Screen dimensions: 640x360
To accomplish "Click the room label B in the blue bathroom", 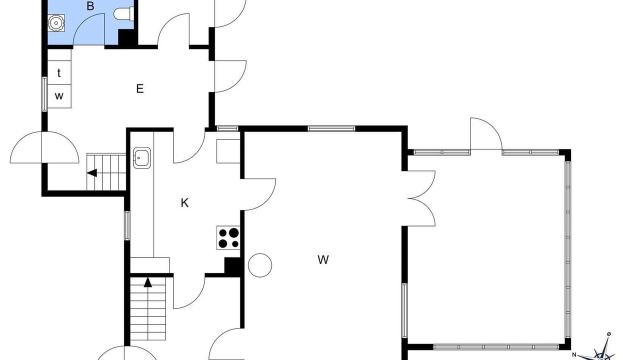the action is click(x=90, y=6).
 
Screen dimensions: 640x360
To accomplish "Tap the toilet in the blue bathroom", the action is click(x=123, y=13).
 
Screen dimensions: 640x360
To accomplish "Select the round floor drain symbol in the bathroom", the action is click(x=55, y=23).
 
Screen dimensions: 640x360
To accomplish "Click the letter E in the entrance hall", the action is click(x=139, y=89).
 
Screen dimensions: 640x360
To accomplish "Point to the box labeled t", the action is click(x=59, y=72).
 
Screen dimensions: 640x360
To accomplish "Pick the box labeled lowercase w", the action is click(x=59, y=96).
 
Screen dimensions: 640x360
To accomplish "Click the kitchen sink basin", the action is click(x=141, y=157).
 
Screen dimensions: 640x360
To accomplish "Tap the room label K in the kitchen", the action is click(x=184, y=203).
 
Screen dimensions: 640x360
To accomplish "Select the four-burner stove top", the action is click(x=228, y=237).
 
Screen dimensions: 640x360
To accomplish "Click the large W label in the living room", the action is click(x=323, y=259).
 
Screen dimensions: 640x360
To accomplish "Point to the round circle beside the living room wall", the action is click(x=259, y=265).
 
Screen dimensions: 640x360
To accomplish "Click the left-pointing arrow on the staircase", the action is click(x=92, y=173).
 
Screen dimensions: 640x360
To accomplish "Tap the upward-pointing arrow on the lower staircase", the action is click(x=147, y=282).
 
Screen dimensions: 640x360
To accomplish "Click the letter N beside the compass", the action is click(x=574, y=355).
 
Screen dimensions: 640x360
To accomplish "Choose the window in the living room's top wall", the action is click(x=331, y=128).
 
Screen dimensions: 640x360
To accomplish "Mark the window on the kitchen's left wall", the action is click(x=127, y=225).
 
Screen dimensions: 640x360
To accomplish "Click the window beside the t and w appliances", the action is click(x=44, y=94).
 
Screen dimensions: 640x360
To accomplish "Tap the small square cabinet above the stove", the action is click(x=228, y=151).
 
